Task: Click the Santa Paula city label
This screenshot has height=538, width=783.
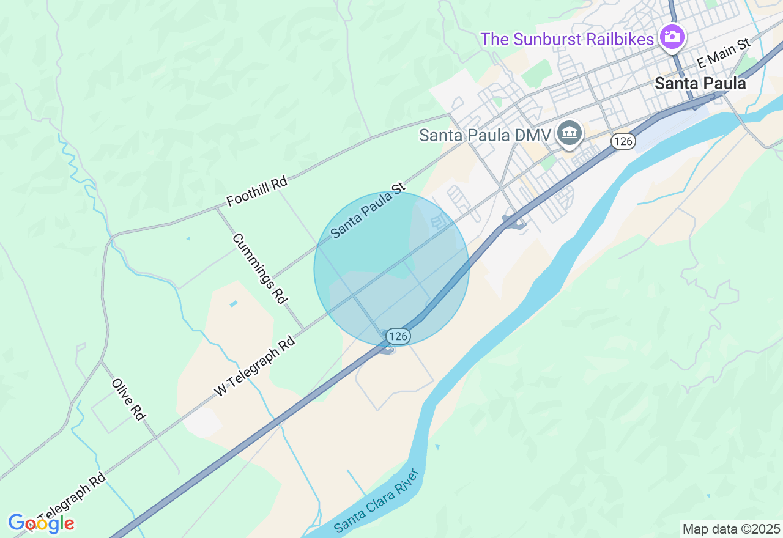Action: pos(700,83)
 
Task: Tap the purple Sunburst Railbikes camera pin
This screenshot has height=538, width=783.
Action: pos(672,36)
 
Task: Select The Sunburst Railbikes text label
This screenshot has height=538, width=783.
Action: pos(567,39)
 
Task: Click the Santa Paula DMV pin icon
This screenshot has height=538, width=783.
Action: pos(570,133)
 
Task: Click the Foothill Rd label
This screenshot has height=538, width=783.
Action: pos(256,191)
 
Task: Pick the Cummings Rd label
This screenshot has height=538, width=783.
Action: pos(260,268)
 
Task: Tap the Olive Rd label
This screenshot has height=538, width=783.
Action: pos(128,399)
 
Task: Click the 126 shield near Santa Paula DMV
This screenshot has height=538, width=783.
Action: pos(623,141)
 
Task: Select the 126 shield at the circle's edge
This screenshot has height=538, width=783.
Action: pos(398,336)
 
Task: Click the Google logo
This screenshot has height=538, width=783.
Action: pos(41,523)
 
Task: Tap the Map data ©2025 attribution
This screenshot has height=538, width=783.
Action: pos(731,529)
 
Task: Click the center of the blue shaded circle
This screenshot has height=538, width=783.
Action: pos(391,269)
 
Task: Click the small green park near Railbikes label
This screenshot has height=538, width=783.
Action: pos(536,73)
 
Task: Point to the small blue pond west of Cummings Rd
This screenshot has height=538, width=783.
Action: pos(233,303)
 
